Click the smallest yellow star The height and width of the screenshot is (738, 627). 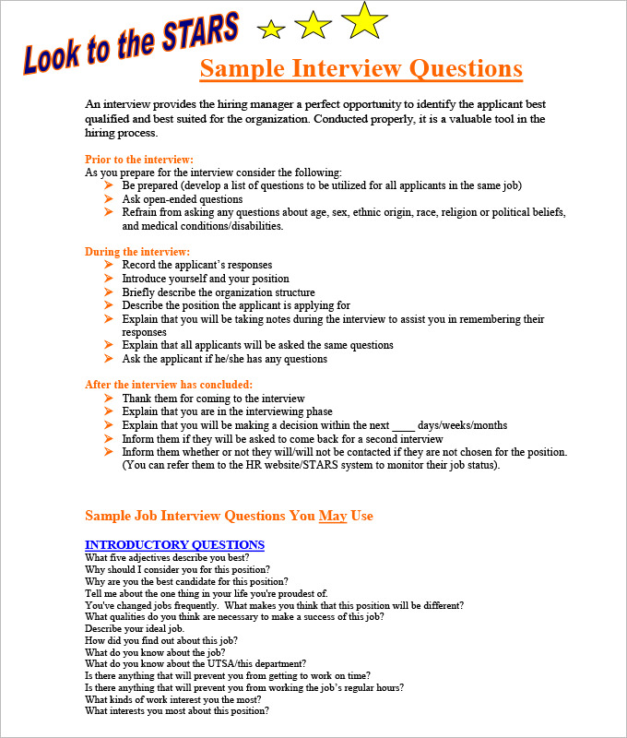point(271,30)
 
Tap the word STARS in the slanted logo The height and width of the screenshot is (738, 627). point(199,33)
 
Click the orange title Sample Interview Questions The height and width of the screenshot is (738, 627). point(361,69)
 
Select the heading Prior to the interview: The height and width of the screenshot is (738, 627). point(139,160)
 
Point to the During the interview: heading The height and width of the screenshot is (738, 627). point(137,252)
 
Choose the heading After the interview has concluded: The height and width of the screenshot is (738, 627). point(169,385)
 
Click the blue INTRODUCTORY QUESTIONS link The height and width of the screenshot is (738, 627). point(174,544)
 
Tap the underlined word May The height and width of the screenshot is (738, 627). point(333,516)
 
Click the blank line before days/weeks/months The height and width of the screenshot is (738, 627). point(404,425)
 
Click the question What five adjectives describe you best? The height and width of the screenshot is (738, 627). point(167,557)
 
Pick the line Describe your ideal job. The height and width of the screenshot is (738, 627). point(135,628)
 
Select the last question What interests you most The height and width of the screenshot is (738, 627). point(177,710)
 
